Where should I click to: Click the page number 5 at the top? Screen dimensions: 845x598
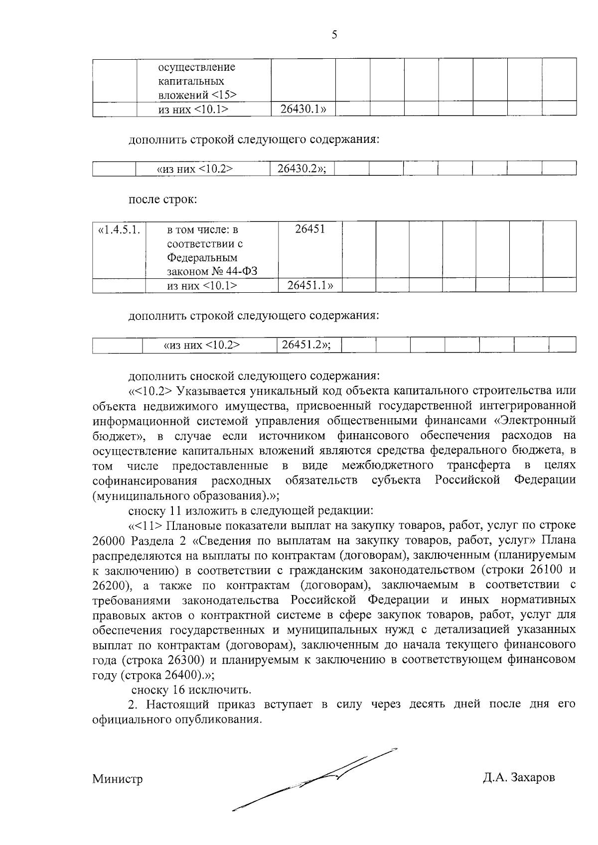point(334,34)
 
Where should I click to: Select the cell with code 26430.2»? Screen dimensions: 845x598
point(301,169)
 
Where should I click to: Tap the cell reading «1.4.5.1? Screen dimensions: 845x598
point(119,230)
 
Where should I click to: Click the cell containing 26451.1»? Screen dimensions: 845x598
point(310,285)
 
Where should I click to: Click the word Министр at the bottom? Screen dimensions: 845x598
point(117,779)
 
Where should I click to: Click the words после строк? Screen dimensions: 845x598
point(163,200)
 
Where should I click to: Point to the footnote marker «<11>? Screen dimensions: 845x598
point(146,525)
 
